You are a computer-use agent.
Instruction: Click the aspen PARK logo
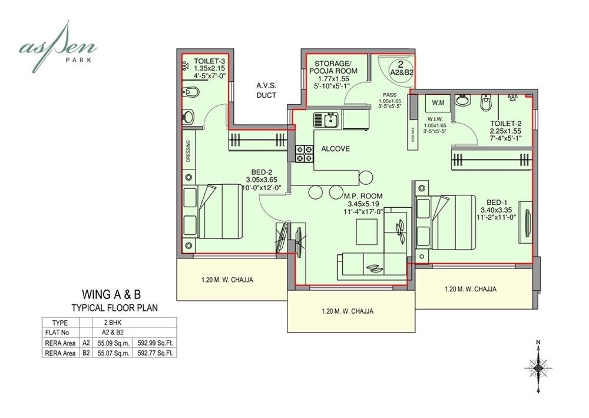(58, 46)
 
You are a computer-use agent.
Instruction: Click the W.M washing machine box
(438, 104)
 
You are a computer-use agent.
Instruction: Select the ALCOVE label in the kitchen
(336, 149)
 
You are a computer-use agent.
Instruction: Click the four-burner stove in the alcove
(304, 153)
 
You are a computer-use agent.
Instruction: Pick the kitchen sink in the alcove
(326, 121)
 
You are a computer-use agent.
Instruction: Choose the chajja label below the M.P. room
(348, 311)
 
